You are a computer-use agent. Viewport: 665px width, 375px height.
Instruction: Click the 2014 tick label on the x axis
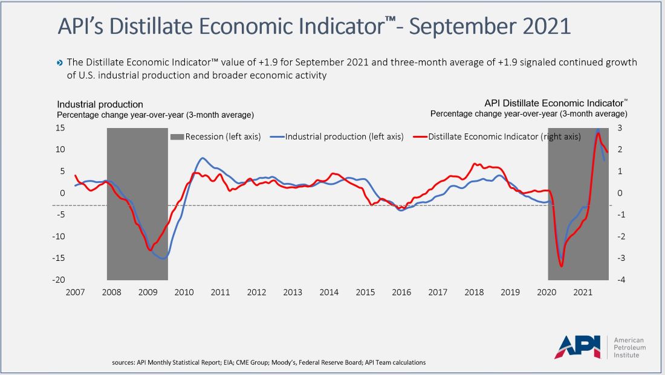click(329, 292)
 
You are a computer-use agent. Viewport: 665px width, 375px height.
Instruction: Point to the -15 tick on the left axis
click(60, 258)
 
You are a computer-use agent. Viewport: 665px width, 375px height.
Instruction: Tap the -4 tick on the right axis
click(621, 280)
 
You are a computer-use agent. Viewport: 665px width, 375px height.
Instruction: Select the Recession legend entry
click(216, 136)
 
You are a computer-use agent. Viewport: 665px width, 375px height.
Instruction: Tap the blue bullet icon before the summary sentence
click(60, 63)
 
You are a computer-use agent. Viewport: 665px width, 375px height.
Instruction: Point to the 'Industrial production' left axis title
click(100, 104)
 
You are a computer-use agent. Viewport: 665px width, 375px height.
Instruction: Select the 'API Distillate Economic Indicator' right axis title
click(553, 103)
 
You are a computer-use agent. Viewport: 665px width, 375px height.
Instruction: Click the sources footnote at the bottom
click(269, 362)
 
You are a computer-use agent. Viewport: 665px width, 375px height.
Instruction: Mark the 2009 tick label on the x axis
click(148, 292)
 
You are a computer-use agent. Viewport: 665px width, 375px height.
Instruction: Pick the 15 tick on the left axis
click(60, 127)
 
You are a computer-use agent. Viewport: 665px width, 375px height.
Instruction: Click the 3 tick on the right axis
click(620, 127)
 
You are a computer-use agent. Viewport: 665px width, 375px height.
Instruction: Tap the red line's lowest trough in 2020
click(562, 266)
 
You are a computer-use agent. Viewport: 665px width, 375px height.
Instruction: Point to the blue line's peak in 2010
click(203, 158)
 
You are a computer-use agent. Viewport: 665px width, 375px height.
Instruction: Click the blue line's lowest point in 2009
click(163, 258)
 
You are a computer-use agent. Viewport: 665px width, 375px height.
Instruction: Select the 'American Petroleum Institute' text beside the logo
click(630, 347)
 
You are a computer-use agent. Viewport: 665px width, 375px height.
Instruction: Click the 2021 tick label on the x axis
click(583, 292)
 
